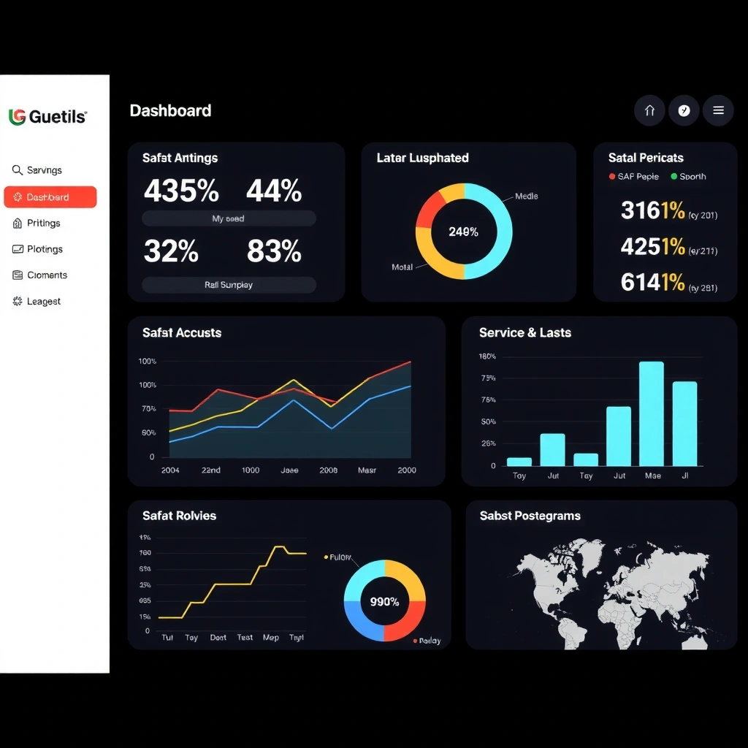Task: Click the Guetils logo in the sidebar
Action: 47,117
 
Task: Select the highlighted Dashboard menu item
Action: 50,197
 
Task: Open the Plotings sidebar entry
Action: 44,249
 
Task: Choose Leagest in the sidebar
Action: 42,301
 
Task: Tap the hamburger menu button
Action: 718,111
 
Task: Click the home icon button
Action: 649,111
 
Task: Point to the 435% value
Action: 181,191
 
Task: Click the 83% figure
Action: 274,252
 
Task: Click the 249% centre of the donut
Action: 463,232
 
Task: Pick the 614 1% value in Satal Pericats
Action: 652,282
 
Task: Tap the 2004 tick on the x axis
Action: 170,470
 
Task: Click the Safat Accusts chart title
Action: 182,333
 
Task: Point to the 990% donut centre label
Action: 384,602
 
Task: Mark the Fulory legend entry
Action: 338,557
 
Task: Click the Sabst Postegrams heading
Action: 530,516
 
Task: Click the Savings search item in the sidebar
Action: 43,170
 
